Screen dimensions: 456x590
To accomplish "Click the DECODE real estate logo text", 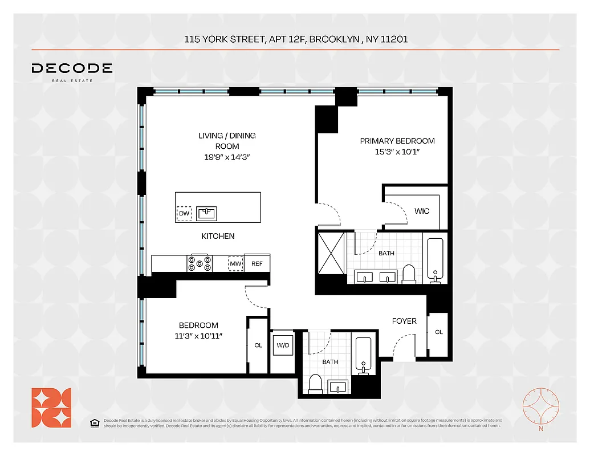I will tap(72, 69).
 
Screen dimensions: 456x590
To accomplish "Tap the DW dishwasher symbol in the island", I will tap(184, 214).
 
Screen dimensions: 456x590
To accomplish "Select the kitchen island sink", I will tap(206, 214).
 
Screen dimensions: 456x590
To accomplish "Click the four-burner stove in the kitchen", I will tap(200, 263).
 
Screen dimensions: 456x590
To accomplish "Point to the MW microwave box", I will tap(235, 263).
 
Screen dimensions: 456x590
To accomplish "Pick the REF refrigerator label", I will tap(257, 263).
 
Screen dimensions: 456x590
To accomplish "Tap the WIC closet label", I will tap(422, 211).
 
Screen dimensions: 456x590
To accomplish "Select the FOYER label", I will tap(404, 321).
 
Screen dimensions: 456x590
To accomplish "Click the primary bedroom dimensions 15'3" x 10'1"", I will tap(397, 152).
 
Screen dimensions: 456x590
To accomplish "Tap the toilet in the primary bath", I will tap(409, 274).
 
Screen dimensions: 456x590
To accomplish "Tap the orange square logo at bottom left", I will tap(51, 408).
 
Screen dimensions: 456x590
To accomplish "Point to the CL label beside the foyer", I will tap(438, 332).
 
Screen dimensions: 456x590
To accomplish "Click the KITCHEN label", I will tap(218, 236).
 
